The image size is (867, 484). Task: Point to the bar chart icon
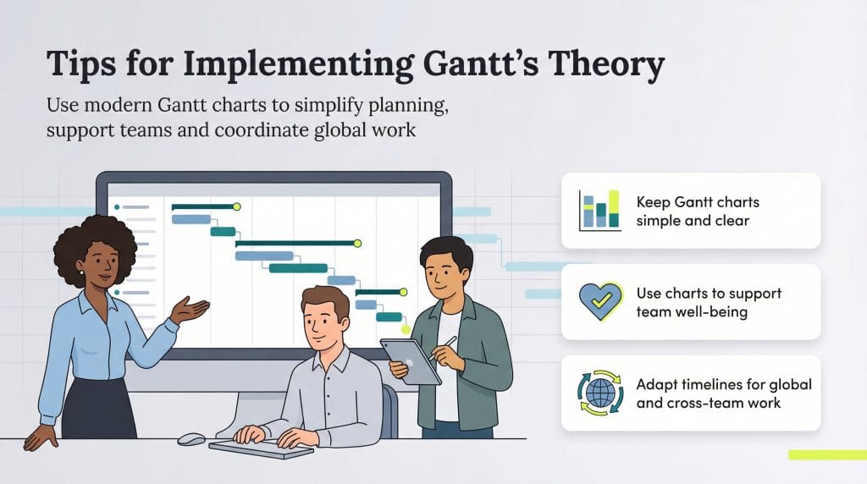coord(599,210)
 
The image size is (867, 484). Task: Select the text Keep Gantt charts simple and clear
coord(697,211)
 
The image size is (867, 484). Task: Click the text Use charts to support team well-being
coord(709,302)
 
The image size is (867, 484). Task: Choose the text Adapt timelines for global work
coord(723,393)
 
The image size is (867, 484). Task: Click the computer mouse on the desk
coord(191,439)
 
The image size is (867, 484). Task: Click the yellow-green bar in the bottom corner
coord(826,455)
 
